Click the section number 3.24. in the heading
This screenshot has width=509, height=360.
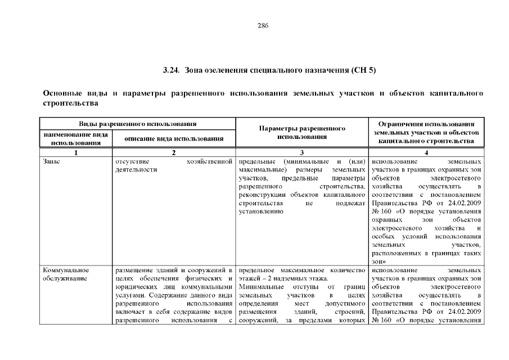(x=170, y=71)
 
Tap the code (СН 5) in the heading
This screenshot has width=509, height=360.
(x=363, y=71)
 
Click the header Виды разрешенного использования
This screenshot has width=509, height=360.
(x=137, y=123)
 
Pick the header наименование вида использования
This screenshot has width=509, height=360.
(x=75, y=139)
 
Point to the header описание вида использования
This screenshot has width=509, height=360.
(x=174, y=138)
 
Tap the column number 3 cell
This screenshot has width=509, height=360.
(x=302, y=152)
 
